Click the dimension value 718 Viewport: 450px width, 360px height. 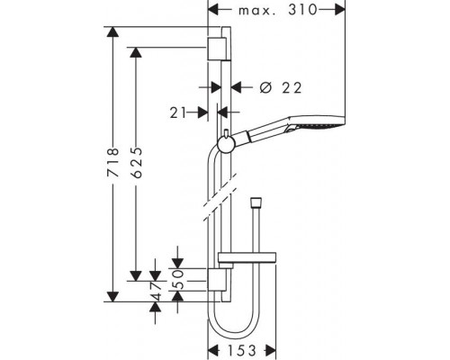pos(113,162)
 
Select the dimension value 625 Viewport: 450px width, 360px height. pos(136,162)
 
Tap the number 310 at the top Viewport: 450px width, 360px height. pos(302,10)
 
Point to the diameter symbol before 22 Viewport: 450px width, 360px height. pos(265,87)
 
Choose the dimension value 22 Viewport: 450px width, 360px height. pos(292,88)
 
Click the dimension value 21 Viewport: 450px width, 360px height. pos(178,112)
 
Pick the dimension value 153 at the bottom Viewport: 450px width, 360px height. pos(242,350)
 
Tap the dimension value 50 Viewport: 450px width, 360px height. pos(178,279)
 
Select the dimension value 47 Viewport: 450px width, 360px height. pos(156,291)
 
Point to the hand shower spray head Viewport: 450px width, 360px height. pos(315,122)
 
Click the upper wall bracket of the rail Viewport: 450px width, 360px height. pos(216,49)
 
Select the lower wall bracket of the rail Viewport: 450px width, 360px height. pos(216,280)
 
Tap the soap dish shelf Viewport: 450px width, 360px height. pos(247,257)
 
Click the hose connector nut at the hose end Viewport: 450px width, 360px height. pos(256,202)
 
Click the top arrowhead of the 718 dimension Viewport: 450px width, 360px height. pos(113,31)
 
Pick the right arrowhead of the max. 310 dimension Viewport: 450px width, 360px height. pos(340,10)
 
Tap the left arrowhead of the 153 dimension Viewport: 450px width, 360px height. pos(213,350)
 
